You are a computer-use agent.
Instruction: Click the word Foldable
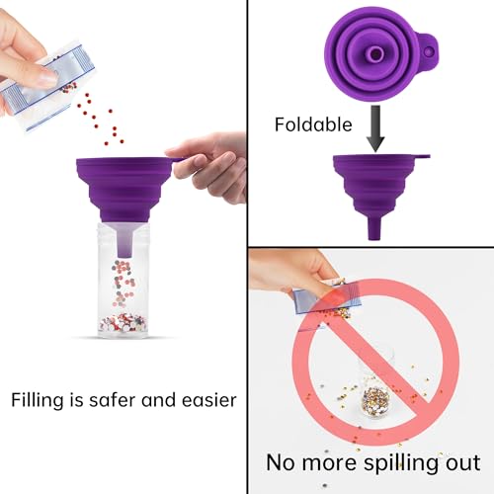pyautogui.click(x=313, y=124)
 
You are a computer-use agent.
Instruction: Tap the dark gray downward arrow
pyautogui.click(x=375, y=128)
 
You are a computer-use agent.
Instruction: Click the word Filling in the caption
pyautogui.click(x=38, y=401)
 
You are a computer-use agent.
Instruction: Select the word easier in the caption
pyautogui.click(x=208, y=400)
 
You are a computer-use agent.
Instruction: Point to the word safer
pyautogui.click(x=112, y=399)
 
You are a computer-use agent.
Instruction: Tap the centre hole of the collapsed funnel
pyautogui.click(x=374, y=54)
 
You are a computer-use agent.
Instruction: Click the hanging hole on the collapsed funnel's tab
pyautogui.click(x=429, y=51)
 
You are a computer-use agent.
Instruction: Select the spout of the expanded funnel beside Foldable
pyautogui.click(x=373, y=228)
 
